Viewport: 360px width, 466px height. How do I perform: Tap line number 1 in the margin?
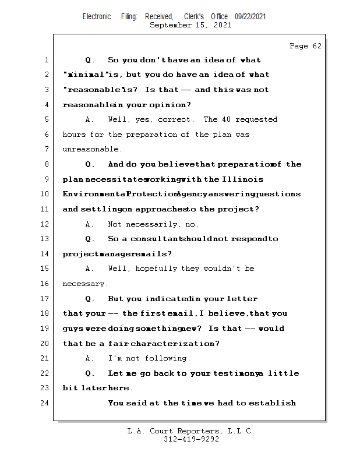coord(45,60)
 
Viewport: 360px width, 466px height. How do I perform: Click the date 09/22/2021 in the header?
coord(250,17)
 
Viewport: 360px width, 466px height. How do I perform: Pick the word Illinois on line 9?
coord(243,179)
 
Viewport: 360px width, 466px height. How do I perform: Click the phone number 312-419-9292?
coord(191,439)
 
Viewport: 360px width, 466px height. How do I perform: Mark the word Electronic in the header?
coord(97,17)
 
